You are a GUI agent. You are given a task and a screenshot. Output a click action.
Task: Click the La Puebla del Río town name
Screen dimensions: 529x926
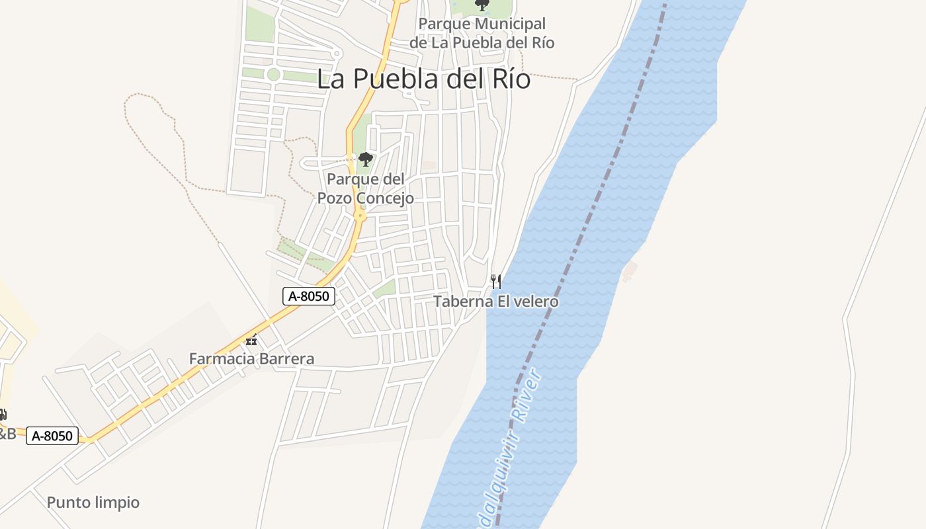[x=423, y=79]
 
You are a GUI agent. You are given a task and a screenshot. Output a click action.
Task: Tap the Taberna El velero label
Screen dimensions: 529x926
[x=495, y=302]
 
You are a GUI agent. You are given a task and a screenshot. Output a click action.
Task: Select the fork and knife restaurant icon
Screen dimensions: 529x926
[x=495, y=282]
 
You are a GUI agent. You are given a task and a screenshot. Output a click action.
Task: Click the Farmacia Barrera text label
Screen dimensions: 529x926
[x=251, y=359]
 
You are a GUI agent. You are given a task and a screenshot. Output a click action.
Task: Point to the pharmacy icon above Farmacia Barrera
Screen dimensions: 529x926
[x=251, y=341]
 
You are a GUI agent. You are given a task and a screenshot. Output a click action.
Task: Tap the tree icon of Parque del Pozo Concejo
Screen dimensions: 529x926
[x=365, y=159]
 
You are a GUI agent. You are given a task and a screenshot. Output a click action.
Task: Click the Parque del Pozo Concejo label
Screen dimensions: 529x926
[x=366, y=188]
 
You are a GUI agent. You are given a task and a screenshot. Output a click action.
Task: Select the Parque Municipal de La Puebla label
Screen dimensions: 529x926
[x=482, y=33]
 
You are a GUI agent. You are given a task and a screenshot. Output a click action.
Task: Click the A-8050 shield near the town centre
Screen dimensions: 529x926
[x=309, y=296]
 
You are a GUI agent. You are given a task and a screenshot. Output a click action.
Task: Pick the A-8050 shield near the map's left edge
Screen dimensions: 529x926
[x=52, y=436]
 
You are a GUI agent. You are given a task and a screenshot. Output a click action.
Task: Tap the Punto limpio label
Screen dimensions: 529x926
[x=93, y=503]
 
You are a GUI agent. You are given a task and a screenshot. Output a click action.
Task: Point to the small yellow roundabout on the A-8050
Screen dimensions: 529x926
[x=360, y=216]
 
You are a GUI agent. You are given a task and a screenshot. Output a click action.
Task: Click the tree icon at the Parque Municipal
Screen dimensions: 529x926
[x=482, y=5]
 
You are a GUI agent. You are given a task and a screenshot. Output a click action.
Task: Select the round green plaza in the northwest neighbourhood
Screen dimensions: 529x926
[x=273, y=75]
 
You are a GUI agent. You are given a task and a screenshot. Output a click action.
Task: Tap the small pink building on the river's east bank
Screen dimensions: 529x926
[x=630, y=270]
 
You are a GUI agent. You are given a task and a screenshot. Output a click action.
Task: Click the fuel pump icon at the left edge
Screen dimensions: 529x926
[x=3, y=415]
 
